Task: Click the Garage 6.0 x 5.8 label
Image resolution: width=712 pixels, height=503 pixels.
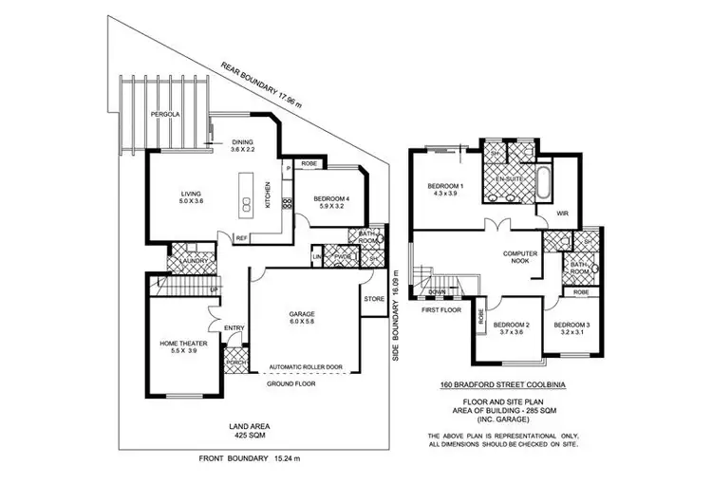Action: tap(307, 318)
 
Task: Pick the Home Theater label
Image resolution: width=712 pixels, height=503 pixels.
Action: tap(178, 346)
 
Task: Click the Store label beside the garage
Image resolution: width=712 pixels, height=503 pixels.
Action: tap(374, 302)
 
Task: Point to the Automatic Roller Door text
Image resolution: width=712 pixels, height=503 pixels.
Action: tap(305, 366)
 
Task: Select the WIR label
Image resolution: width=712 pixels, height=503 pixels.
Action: tap(561, 214)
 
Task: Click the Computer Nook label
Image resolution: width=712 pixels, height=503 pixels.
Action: tap(522, 259)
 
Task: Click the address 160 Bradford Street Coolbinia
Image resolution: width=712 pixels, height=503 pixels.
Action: tap(501, 385)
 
